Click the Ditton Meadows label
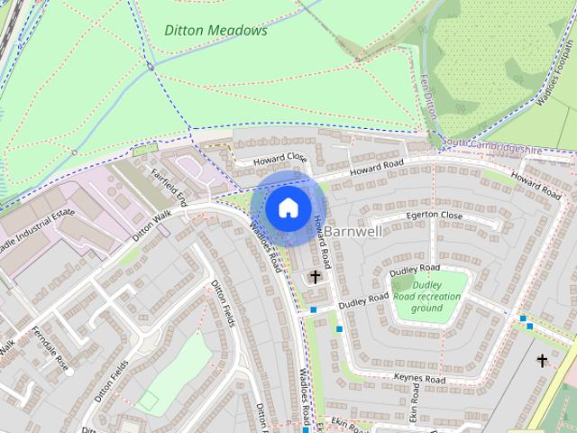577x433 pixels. (x=215, y=30)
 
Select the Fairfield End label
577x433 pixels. (x=169, y=184)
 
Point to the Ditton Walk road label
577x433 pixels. (x=151, y=226)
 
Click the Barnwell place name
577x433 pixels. (x=353, y=231)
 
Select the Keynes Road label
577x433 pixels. (x=419, y=380)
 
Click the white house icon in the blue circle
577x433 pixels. (x=288, y=207)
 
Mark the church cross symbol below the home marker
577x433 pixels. (x=316, y=277)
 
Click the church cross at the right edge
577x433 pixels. (x=542, y=361)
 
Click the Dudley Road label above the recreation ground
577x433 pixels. (x=415, y=270)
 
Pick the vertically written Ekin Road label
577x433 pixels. (x=416, y=403)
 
